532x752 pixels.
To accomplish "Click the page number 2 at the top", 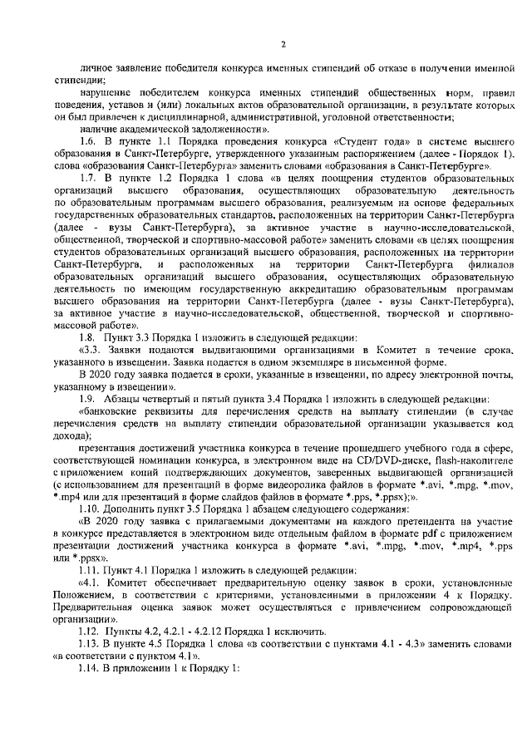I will point(283,43).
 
